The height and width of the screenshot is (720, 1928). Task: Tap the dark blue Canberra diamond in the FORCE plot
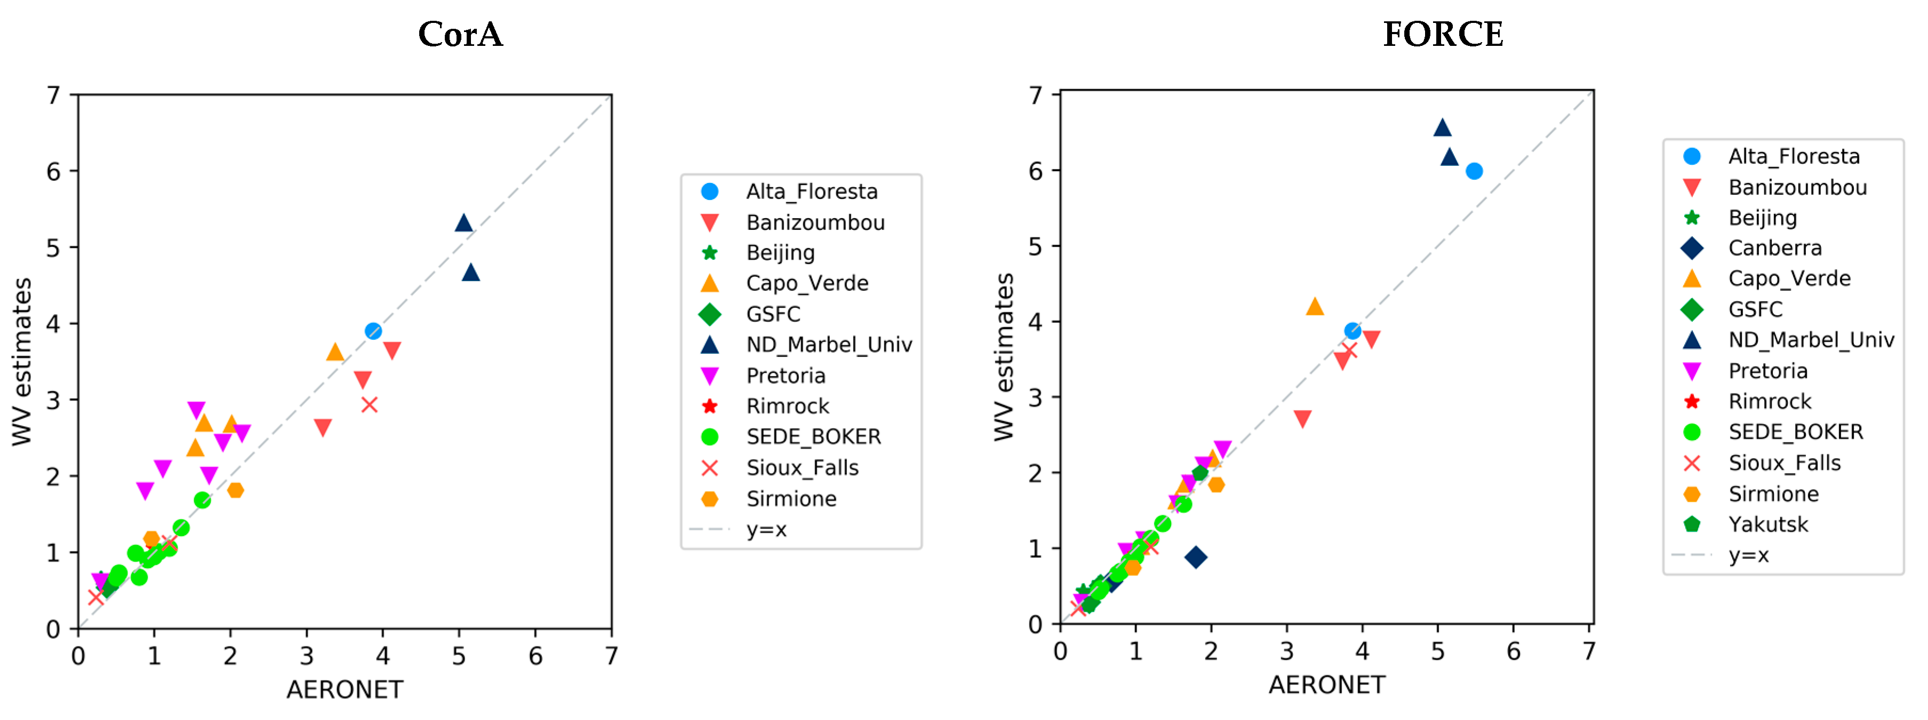tap(1195, 557)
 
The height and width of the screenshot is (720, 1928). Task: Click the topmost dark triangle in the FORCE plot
tap(1442, 128)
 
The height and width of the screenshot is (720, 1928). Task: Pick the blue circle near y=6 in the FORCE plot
tap(1474, 171)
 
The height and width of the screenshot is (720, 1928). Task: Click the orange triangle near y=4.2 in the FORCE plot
tap(1314, 307)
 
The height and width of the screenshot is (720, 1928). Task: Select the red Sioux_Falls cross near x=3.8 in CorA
tap(369, 405)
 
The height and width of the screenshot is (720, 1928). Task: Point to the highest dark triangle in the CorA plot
tap(463, 223)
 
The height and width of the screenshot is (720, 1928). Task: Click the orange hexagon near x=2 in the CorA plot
tap(235, 490)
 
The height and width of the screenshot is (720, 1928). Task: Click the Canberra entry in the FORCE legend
tap(1774, 248)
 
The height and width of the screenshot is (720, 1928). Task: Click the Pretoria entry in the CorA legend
tap(785, 375)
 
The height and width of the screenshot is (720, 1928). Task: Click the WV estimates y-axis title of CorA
tap(22, 362)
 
